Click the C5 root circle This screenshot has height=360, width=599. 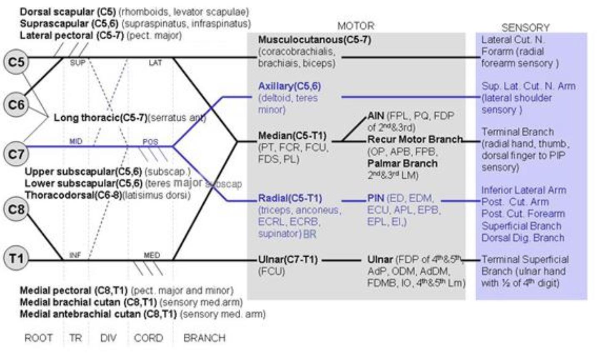(16, 62)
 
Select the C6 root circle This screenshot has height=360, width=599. (16, 104)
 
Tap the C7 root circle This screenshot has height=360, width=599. (16, 154)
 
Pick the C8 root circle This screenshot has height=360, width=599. (16, 208)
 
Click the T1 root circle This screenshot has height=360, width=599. (16, 258)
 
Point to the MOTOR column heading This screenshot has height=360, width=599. (355, 26)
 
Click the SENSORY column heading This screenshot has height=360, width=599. (525, 27)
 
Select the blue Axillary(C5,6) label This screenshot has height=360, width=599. (290, 86)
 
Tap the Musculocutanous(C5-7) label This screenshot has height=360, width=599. (314, 40)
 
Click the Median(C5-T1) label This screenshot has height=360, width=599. (292, 135)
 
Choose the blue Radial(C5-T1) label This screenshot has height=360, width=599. (290, 198)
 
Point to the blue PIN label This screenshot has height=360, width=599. (375, 198)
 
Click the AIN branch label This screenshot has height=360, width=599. (376, 115)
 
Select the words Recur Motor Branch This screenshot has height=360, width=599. (415, 139)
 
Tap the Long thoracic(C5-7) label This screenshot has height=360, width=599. (100, 118)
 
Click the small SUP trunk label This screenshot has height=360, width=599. (77, 63)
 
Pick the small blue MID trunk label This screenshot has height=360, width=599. (76, 142)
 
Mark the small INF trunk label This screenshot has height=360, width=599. (75, 255)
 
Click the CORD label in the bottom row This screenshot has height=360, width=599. (148, 337)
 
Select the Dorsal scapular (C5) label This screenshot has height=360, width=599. (68, 12)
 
